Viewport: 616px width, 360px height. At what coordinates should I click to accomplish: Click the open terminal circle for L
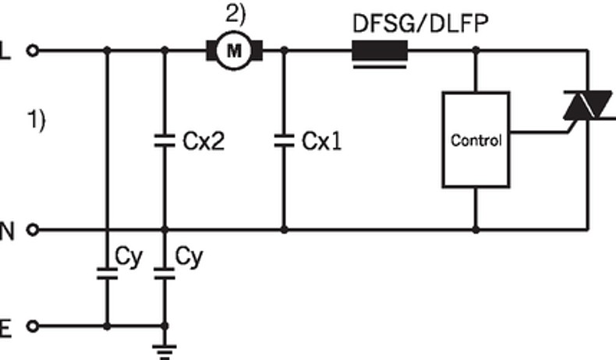coord(32,51)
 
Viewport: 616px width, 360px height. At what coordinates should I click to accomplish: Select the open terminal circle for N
coord(32,230)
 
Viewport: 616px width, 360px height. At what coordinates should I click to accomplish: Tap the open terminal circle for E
coord(32,326)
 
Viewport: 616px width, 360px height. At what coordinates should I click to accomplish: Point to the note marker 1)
coord(37,121)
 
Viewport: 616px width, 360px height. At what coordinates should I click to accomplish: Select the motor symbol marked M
coord(234,51)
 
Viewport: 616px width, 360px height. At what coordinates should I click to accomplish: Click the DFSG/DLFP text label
coord(421,23)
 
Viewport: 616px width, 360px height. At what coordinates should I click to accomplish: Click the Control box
coord(476,140)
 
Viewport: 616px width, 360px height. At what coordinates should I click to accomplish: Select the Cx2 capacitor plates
coord(164,141)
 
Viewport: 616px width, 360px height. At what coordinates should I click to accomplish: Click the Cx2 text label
coord(204,142)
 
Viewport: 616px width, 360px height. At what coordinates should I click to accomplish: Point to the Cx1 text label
coord(321,142)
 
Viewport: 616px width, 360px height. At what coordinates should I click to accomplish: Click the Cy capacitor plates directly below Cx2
coord(164,274)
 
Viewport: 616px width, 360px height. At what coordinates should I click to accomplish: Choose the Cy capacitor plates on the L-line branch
coord(107,274)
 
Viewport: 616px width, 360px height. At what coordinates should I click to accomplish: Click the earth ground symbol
coord(164,349)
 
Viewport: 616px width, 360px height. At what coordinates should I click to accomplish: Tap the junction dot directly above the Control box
coord(476,51)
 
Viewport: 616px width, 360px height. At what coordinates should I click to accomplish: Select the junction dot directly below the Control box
coord(476,230)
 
